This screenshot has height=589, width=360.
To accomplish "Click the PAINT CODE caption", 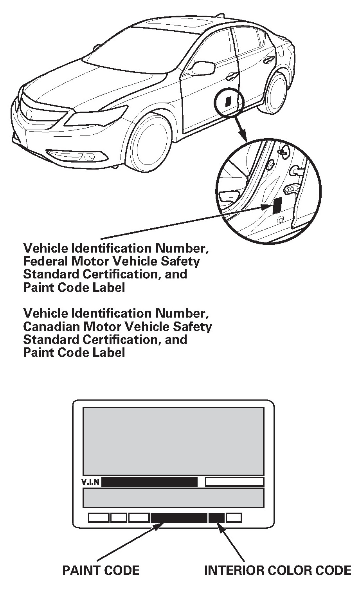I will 101,570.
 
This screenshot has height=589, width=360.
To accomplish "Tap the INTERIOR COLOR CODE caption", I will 278,570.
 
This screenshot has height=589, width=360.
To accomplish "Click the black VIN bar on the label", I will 149,482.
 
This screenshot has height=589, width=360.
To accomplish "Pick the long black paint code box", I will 179,518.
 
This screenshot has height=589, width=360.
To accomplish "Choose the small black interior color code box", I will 216,518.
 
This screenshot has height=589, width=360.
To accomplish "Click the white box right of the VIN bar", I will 234,482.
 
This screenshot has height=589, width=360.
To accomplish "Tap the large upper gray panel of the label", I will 173,441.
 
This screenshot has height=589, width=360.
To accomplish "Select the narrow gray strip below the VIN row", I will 173,497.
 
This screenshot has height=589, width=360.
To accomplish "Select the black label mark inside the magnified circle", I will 277,204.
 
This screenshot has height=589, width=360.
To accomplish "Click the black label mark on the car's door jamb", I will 228,100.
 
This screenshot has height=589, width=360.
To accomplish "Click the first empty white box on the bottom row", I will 99,518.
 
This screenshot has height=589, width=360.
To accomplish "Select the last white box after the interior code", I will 234,518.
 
